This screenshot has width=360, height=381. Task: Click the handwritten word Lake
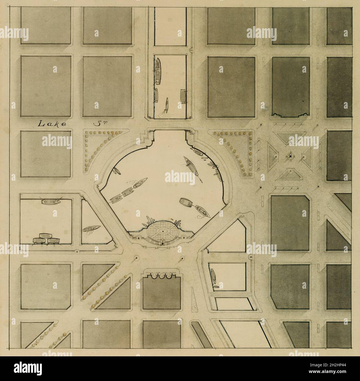(52, 124)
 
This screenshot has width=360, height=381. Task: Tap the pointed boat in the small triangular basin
(91, 229)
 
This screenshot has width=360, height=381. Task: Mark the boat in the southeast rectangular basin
(214, 277)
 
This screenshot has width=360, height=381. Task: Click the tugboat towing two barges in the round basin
(141, 182)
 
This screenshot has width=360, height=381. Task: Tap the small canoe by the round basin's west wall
(116, 171)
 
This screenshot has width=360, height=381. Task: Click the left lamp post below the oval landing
(136, 259)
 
